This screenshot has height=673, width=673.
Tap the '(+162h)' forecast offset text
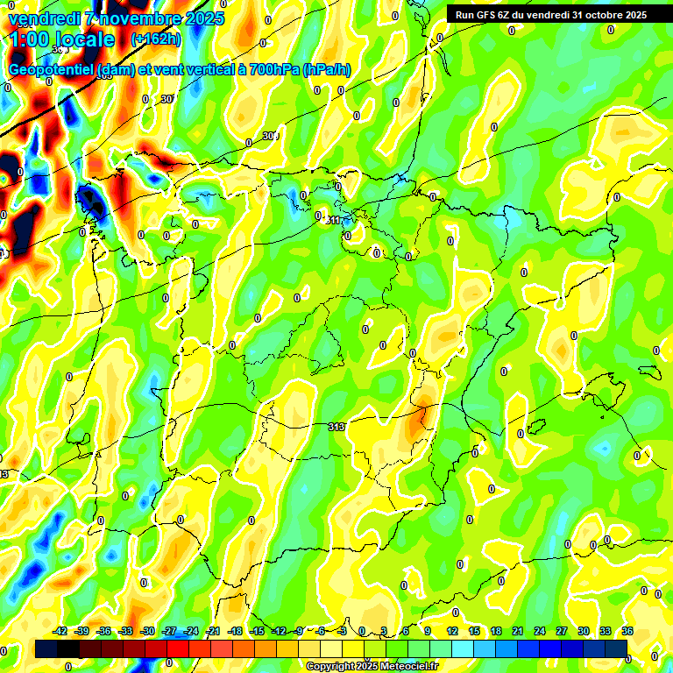[155, 39]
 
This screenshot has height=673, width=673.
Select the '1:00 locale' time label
[62, 39]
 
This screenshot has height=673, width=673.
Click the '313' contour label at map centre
[336, 427]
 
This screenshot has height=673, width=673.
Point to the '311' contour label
[334, 219]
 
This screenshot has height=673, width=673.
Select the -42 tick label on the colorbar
[60, 631]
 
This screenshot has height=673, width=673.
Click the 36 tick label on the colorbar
[627, 631]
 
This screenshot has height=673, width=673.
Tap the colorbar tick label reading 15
[474, 631]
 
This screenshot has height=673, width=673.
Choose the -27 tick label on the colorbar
[169, 631]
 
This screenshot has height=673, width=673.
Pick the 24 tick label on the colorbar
[540, 631]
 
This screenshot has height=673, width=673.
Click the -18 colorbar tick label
[235, 631]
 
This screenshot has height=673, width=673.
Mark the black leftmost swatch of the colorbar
[46, 648]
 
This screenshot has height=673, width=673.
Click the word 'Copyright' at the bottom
[330, 667]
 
